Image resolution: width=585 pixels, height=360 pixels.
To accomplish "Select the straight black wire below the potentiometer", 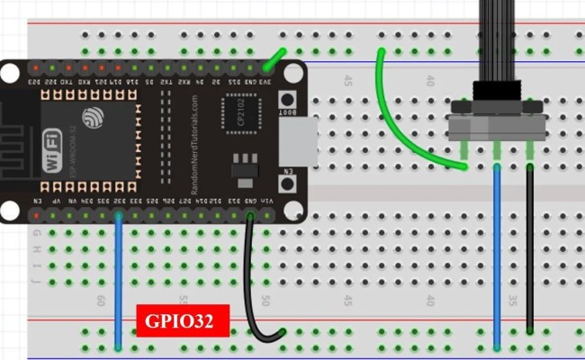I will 530,252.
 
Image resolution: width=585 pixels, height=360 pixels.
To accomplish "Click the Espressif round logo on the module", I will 94,117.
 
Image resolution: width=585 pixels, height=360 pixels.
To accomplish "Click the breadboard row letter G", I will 36,237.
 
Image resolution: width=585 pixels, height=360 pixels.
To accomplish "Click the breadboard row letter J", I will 36,280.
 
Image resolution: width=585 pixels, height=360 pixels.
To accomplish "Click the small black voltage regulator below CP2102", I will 240,167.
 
